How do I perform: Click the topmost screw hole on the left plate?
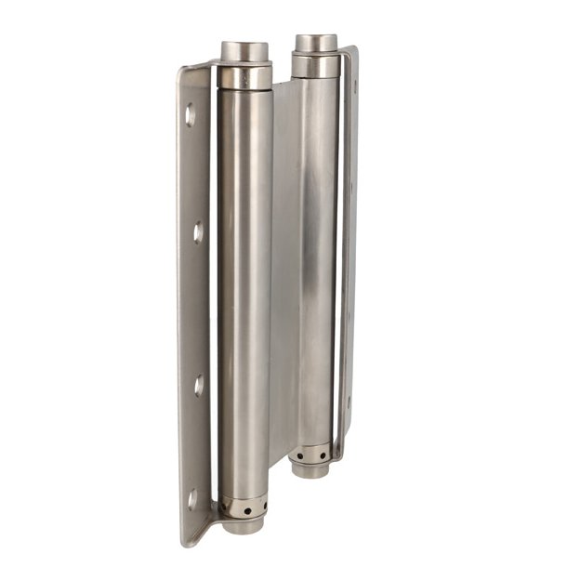tap(190, 115)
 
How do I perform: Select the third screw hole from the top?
tap(198, 384)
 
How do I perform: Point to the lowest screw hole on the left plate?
tap(192, 499)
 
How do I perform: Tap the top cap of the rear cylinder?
tap(315, 44)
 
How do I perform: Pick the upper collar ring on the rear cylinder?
tap(315, 66)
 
